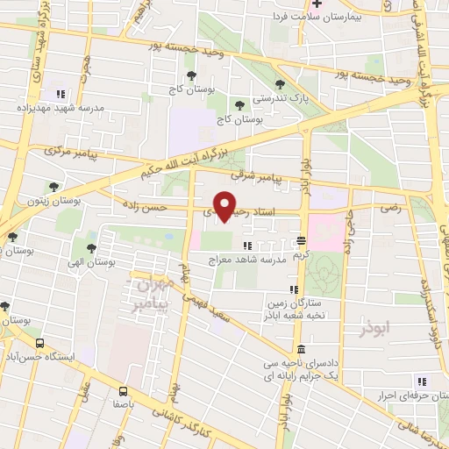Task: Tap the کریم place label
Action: [302, 254]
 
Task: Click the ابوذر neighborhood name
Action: [378, 329]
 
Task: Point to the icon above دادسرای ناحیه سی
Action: [301, 348]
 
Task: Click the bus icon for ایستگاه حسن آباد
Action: [38, 343]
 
